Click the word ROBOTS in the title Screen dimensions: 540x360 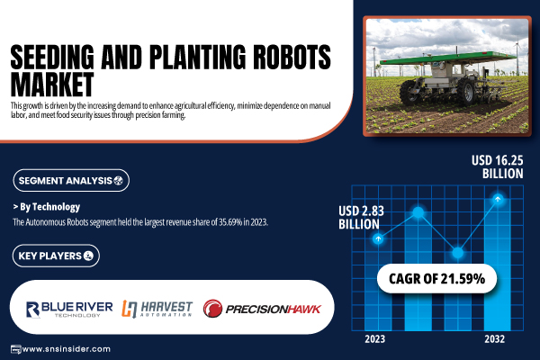(292, 57)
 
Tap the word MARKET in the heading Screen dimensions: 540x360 (52, 84)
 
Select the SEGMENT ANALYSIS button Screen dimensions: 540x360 (71, 180)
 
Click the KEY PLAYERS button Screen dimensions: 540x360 (56, 256)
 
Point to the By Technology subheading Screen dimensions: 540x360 (47, 207)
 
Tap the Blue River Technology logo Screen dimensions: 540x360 (69, 309)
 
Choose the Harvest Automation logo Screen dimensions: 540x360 (157, 309)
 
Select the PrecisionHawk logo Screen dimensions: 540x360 (262, 309)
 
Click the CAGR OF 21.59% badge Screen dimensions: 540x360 (436, 279)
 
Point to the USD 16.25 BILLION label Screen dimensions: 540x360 (498, 166)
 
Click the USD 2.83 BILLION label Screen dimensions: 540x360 (361, 218)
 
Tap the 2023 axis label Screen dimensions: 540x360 (375, 339)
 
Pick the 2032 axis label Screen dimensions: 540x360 (494, 339)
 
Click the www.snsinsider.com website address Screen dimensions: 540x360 (66, 349)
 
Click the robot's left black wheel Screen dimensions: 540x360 (409, 92)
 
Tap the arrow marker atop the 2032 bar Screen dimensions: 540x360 (498, 199)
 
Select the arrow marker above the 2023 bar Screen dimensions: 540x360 (378, 238)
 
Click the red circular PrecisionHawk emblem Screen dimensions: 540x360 (212, 309)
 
